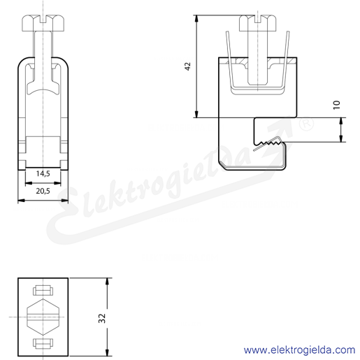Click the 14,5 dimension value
43,173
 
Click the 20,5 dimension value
43,191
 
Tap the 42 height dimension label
188,66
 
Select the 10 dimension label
337,105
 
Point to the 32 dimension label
102,318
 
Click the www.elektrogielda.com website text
299,350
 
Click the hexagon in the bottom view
43,317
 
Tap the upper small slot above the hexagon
43,290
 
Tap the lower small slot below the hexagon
43,344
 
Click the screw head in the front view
43,23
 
